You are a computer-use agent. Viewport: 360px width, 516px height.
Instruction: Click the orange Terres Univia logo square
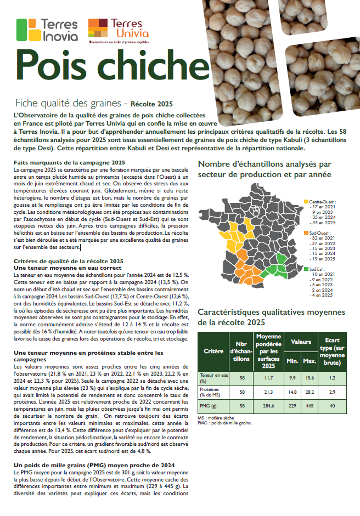click(x=97, y=28)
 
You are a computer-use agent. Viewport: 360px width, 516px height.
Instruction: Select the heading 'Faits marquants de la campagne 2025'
click(x=70, y=163)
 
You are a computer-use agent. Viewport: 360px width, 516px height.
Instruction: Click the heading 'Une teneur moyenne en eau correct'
click(x=60, y=267)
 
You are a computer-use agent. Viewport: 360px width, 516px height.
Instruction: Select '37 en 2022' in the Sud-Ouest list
click(x=323, y=243)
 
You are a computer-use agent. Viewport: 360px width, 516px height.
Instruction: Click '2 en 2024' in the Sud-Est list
click(x=322, y=290)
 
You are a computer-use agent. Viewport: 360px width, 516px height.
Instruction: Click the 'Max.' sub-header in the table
click(x=310, y=361)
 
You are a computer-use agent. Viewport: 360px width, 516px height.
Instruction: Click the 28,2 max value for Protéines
click(x=310, y=392)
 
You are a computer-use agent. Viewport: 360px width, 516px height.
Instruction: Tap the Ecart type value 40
click(x=332, y=407)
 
